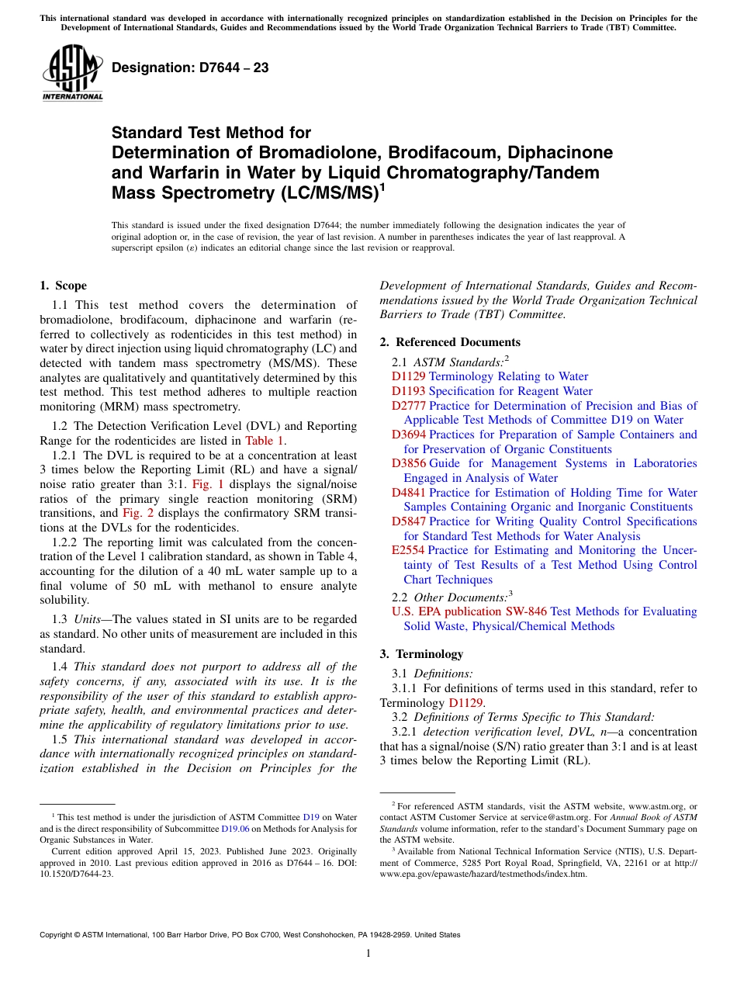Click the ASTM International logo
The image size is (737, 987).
click(x=72, y=74)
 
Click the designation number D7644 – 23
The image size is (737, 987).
click(x=190, y=68)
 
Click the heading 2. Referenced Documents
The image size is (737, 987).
click(x=450, y=342)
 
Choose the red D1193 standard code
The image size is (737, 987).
click(x=408, y=391)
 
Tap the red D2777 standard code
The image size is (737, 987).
click(x=408, y=406)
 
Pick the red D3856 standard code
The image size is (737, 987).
click(x=408, y=463)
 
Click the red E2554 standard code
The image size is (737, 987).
click(x=408, y=550)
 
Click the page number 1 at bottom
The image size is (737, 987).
click(x=368, y=953)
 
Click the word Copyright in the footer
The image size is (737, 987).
click(x=59, y=935)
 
